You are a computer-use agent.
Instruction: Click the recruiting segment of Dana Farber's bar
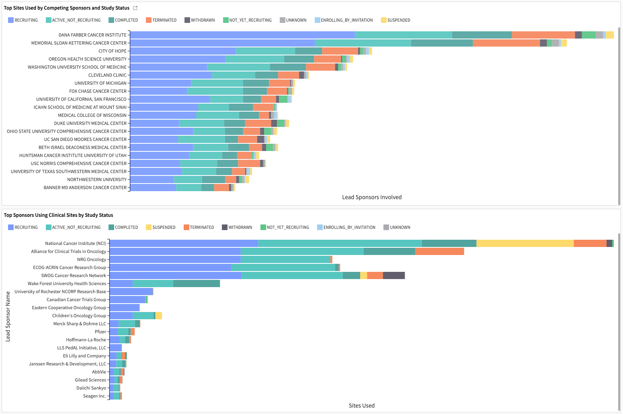pos(242,35)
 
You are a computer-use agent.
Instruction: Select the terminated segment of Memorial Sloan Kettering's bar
pos(506,43)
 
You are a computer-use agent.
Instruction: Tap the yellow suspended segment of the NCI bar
pos(525,243)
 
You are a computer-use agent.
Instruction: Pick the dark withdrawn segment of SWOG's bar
pos(393,275)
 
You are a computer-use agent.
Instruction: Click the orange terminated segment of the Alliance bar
pos(439,251)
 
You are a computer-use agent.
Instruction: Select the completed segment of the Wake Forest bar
pos(196,283)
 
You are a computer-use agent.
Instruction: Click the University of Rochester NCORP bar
pos(131,292)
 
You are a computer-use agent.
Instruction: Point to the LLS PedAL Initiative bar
pos(116,348)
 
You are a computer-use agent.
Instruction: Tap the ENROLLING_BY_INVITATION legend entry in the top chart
pos(344,20)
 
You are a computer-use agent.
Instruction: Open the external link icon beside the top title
pos(135,8)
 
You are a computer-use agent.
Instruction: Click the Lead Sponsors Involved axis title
pos(372,197)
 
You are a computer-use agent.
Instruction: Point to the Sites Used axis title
pos(361,406)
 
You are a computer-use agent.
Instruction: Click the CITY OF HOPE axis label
pos(112,51)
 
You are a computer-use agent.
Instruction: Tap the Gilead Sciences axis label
pos(90,380)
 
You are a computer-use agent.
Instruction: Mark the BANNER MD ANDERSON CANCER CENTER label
pos(85,188)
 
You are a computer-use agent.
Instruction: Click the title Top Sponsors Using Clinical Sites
pos(58,215)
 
